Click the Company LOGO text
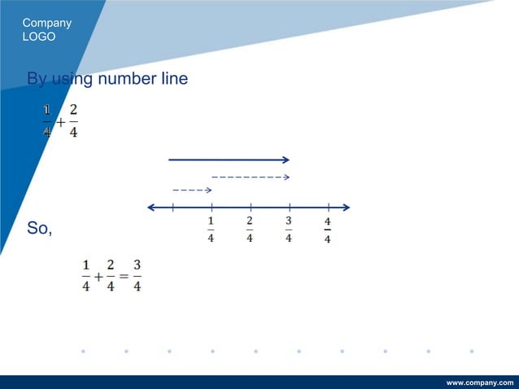46,29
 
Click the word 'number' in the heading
125,79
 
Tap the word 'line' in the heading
172,79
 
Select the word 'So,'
39,229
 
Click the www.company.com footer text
481,382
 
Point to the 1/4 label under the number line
211,229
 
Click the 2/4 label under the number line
250,229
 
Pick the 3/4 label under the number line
289,229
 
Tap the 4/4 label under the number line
327,229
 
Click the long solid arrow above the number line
229,160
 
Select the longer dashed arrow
251,177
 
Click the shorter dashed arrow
192,190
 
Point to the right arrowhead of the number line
346,207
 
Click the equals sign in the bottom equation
124,277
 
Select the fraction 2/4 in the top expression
74,120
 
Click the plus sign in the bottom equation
98,277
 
